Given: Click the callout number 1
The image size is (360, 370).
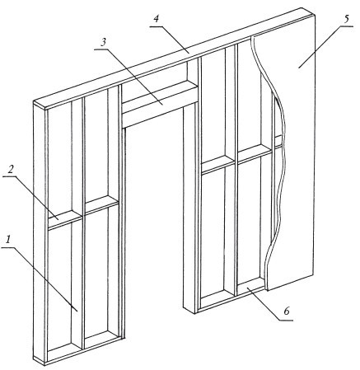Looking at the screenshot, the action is click(x=9, y=240).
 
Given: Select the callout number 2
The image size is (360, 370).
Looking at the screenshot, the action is click(x=11, y=170).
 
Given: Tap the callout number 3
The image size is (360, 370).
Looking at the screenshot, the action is click(x=103, y=43).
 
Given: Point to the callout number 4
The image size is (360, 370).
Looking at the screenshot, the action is click(x=156, y=20).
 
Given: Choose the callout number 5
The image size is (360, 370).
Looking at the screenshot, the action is click(x=346, y=20).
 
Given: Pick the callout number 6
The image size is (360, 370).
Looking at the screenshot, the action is click(x=287, y=311).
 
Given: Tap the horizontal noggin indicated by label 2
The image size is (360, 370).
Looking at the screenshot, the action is click(x=65, y=218).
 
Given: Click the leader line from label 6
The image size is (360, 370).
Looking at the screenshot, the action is click(x=264, y=304).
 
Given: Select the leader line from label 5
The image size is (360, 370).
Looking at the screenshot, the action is click(x=320, y=46).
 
